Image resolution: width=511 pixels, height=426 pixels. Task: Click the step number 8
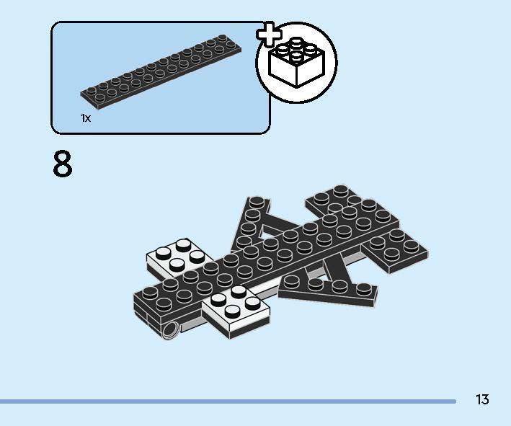click(x=63, y=164)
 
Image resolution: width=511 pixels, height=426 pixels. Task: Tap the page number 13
click(x=482, y=399)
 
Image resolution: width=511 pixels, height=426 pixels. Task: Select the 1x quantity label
click(x=86, y=117)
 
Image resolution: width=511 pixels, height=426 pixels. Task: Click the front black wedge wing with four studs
click(x=328, y=287)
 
